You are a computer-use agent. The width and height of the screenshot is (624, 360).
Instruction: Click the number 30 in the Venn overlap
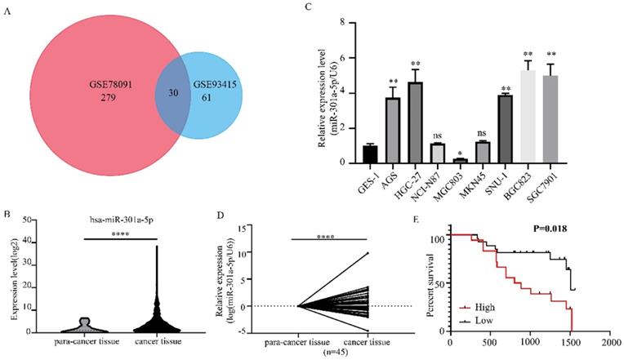click(172, 92)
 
